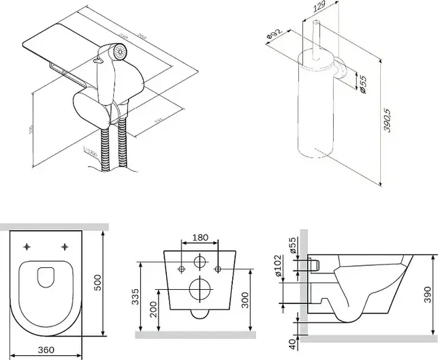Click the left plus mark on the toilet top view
coord(27,246)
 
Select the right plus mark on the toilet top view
coord(65,246)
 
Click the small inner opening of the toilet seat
coord(46,277)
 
